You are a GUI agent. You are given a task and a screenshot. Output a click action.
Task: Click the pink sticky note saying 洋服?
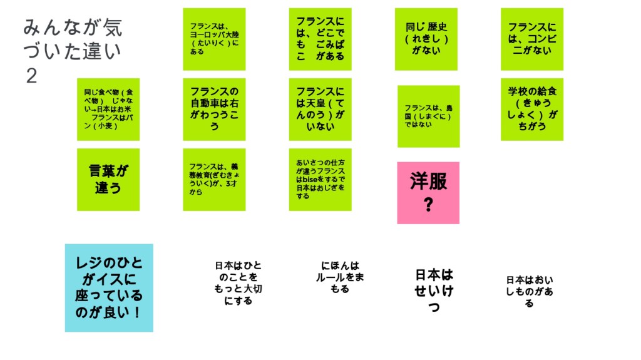[x=428, y=192]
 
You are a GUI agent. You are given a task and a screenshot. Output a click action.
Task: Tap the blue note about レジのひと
[x=109, y=287]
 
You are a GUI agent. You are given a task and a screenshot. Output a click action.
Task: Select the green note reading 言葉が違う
[x=108, y=179]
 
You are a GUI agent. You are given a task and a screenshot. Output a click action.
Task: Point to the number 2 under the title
[x=32, y=76]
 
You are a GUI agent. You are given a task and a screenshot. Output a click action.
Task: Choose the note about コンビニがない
[x=531, y=39]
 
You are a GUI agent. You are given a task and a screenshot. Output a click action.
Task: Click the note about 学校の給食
[x=531, y=109]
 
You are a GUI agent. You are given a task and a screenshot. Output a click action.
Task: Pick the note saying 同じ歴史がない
[x=426, y=39]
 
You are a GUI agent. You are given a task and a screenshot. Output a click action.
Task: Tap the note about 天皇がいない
[x=320, y=109]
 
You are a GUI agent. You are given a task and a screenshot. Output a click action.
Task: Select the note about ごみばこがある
[x=320, y=39]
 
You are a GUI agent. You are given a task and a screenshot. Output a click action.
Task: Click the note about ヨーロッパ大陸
[x=214, y=39]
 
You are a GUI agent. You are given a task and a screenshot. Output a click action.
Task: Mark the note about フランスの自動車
[x=214, y=109]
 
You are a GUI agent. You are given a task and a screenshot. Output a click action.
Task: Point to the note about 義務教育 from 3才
[x=214, y=179]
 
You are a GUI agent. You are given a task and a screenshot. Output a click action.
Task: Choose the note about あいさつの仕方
[x=320, y=179]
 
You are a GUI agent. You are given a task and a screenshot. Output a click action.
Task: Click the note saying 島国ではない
[x=428, y=116]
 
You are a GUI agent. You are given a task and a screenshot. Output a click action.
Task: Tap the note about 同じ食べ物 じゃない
[x=108, y=109]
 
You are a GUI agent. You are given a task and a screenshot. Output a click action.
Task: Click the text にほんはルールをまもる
[x=340, y=277]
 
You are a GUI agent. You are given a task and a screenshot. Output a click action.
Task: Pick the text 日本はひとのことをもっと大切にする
[x=238, y=283]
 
